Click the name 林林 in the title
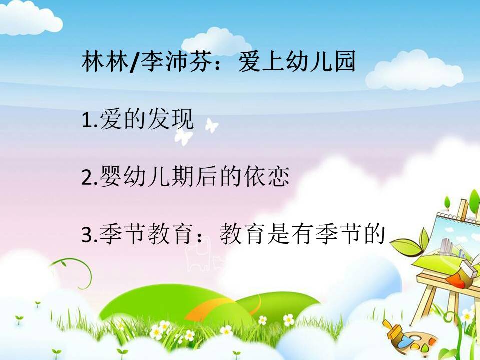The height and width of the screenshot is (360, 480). pos(105,62)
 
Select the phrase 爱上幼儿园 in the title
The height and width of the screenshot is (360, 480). pos(297,62)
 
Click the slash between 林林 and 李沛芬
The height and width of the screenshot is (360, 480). pos(135,62)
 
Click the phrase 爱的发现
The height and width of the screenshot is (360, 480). pos(147,119)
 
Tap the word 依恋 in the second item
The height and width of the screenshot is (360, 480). pos(267,176)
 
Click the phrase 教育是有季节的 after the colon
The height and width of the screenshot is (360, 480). pos(302,234)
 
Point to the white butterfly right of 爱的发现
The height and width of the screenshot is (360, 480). pos(212,125)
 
